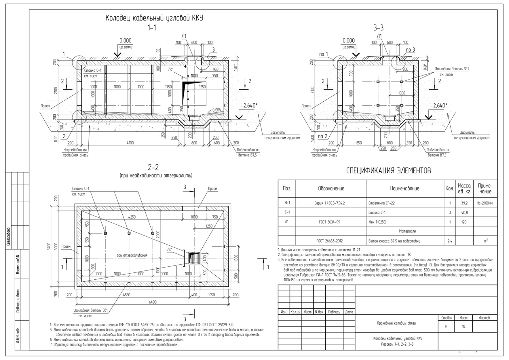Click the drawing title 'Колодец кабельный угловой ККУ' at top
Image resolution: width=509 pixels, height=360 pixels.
tap(154, 18)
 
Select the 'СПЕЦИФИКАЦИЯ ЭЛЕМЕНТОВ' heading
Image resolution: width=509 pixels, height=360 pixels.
tap(388, 171)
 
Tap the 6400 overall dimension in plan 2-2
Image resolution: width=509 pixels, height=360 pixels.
tap(153, 302)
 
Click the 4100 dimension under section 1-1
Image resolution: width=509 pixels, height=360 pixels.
tap(130, 143)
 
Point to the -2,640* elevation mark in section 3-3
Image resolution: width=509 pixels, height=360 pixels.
tap(439, 105)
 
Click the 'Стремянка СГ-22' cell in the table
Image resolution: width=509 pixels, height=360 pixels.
tap(381, 203)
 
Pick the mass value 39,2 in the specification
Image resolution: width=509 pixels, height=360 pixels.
tap(464, 203)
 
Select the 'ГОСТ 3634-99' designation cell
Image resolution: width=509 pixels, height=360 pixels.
tap(331, 222)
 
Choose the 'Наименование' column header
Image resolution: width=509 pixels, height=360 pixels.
tap(404, 189)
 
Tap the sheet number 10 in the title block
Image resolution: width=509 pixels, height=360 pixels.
tap(464, 327)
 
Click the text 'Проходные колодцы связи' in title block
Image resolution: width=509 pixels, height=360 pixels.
tap(396, 323)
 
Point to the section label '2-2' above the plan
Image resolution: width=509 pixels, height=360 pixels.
tap(153, 167)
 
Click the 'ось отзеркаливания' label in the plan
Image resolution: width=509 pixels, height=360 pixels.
tap(132, 255)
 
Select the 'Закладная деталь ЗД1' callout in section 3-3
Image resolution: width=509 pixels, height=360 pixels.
tap(452, 69)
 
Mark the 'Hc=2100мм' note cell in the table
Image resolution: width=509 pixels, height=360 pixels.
tap(485, 203)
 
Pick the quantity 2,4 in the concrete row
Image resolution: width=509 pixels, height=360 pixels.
tap(449, 241)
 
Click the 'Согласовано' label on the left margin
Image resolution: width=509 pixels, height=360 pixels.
tap(9, 238)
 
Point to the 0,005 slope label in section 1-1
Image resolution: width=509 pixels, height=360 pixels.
tap(216, 110)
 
